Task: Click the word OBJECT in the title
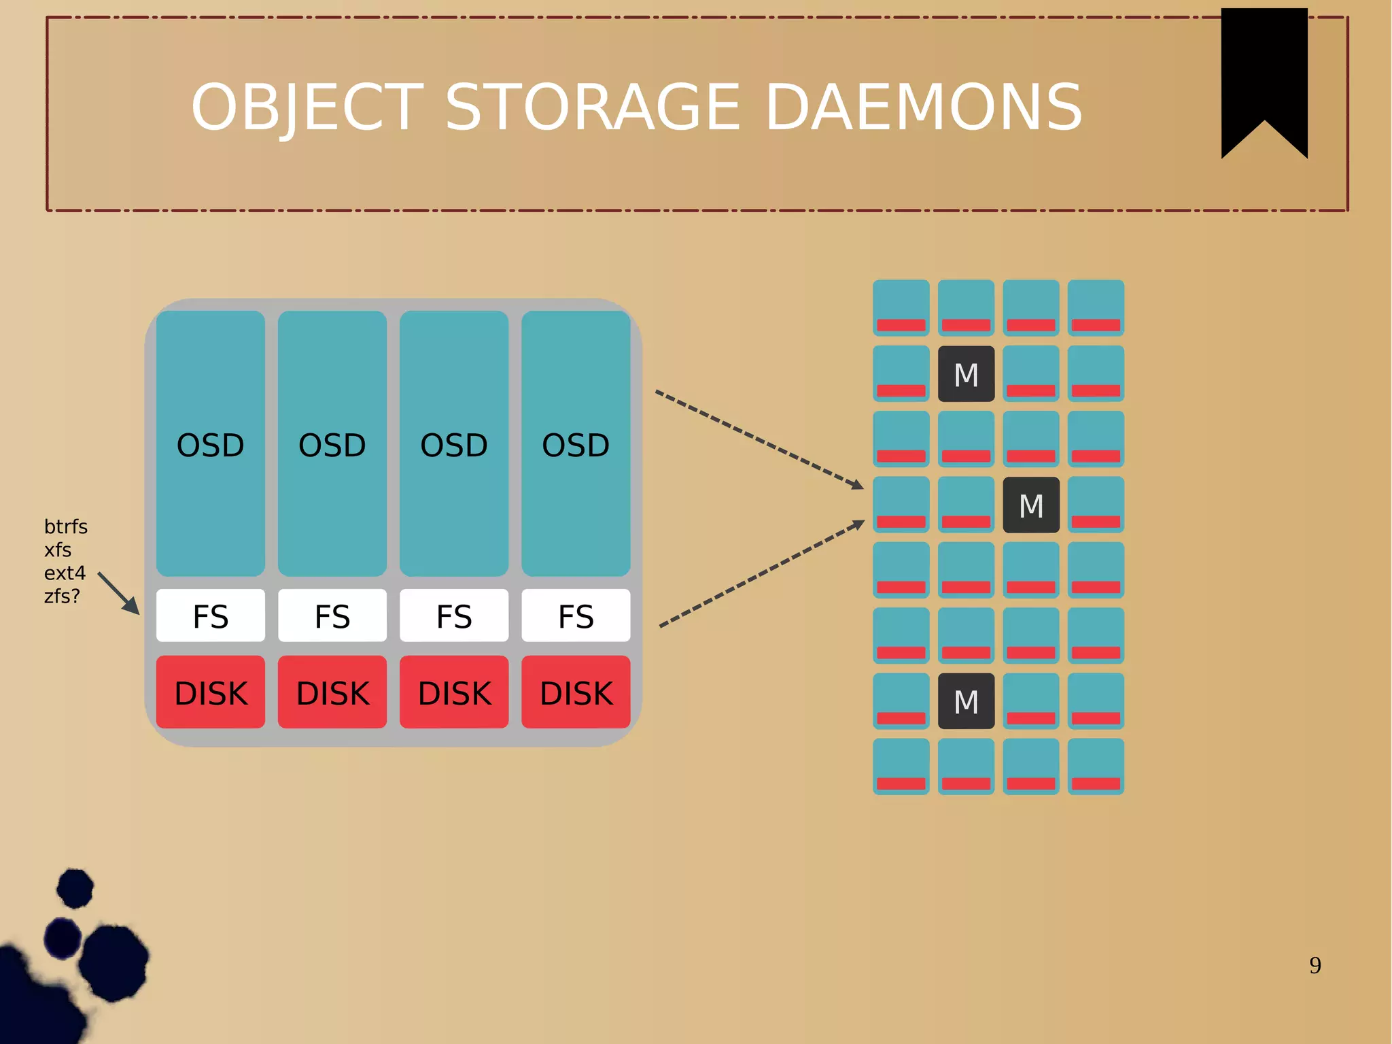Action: pyautogui.click(x=307, y=107)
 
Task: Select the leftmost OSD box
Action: pyautogui.click(x=211, y=443)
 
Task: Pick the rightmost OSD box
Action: pyautogui.click(x=576, y=443)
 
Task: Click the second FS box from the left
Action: pyautogui.click(x=332, y=616)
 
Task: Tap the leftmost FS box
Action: pyautogui.click(x=211, y=616)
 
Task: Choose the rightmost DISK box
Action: pyautogui.click(x=576, y=692)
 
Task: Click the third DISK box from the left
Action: pyautogui.click(x=454, y=692)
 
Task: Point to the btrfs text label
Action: pyautogui.click(x=65, y=526)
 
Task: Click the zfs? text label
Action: pyautogui.click(x=62, y=596)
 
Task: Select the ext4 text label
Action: pyautogui.click(x=65, y=573)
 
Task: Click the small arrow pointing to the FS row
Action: pyautogui.click(x=119, y=593)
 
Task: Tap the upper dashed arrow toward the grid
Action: pyautogui.click(x=758, y=439)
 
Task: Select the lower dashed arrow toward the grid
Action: pyautogui.click(x=761, y=575)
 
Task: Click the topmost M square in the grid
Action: pyautogui.click(x=966, y=374)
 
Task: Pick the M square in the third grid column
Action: pyautogui.click(x=1031, y=505)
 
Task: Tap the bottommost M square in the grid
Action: pyautogui.click(x=966, y=701)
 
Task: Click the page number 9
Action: pyautogui.click(x=1315, y=965)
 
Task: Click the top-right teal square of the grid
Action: pyautogui.click(x=1096, y=307)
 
